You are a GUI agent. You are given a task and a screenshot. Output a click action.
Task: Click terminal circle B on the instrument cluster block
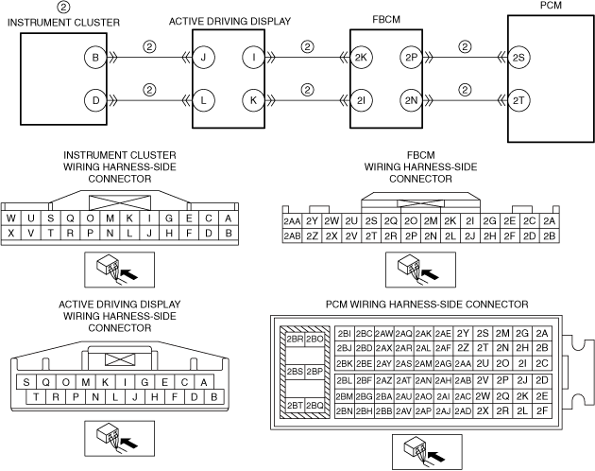point(95,57)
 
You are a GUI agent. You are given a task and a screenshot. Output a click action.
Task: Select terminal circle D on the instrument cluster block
point(95,98)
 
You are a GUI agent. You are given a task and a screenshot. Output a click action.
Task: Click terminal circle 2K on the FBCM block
point(361,57)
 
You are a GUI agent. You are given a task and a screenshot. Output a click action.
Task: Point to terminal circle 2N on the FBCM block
point(410,98)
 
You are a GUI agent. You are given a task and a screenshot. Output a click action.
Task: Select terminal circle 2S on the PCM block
point(519,57)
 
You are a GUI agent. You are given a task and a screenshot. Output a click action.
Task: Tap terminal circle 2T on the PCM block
point(519,98)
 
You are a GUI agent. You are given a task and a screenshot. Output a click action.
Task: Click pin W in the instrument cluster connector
point(11,218)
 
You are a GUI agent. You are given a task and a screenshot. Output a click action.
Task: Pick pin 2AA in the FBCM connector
point(292,221)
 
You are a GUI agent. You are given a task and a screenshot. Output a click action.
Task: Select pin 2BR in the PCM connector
point(293,339)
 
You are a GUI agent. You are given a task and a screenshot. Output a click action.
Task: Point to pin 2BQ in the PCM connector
point(314,405)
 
